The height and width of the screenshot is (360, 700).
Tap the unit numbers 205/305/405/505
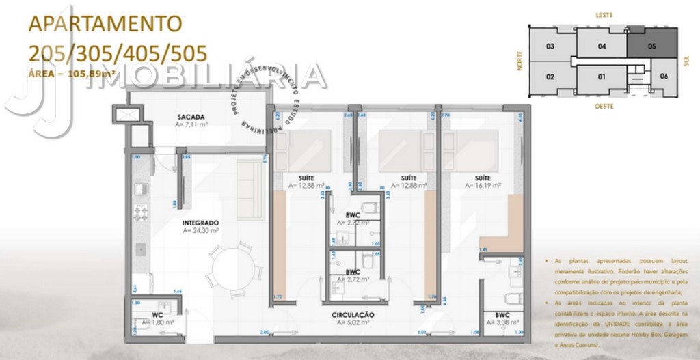(x=117, y=53)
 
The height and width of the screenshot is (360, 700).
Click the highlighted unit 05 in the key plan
(x=652, y=46)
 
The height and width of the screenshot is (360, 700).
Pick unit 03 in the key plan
(x=550, y=46)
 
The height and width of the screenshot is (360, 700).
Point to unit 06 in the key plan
(x=664, y=76)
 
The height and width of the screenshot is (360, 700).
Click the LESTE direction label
(x=604, y=14)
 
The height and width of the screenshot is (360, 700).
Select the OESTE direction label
(x=603, y=107)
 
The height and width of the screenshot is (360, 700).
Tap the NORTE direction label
(x=520, y=63)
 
